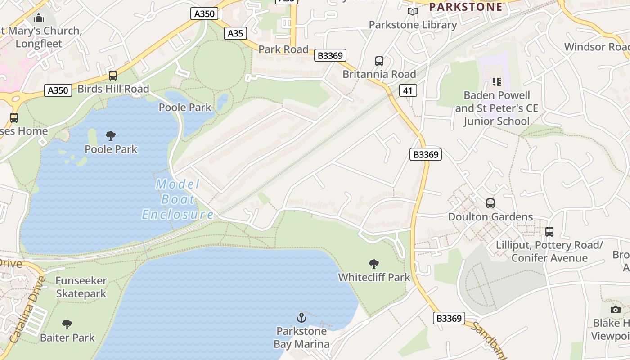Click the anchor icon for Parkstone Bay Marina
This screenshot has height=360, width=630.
pos(301,318)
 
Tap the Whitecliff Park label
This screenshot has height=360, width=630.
pos(374,277)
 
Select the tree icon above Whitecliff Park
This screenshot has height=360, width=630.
pos(373,264)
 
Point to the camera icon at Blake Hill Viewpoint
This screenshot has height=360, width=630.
pos(615,310)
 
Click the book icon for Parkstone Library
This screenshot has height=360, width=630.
pos(413,11)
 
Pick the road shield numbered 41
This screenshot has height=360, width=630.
pos(408,90)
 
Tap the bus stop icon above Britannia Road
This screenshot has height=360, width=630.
pos(379,61)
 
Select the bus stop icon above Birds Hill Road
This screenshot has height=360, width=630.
pos(113,75)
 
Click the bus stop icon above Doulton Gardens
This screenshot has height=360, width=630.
pos(490,203)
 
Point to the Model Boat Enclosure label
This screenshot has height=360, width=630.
pos(178,199)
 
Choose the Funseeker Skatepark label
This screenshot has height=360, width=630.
pos(81,287)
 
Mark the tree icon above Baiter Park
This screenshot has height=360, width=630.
pos(67,324)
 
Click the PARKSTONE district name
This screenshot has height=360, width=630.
pos(465,7)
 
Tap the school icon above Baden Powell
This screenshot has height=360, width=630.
pos(497,81)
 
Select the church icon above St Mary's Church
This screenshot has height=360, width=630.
pos(39,18)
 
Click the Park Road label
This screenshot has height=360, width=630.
pos(283,49)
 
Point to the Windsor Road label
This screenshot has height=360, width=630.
pos(597,47)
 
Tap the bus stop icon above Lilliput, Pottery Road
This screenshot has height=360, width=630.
pos(549,232)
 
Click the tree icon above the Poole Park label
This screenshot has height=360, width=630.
pos(111,135)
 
